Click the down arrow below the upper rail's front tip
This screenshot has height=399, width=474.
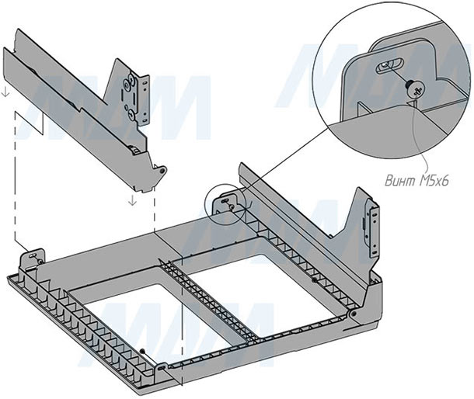(133, 200)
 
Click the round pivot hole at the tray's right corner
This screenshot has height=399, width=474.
(354, 314)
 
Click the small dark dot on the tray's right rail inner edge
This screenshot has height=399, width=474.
(313, 279)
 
